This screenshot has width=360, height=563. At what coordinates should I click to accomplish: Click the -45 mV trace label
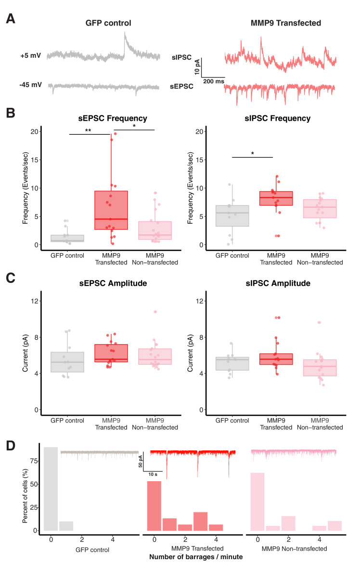tap(31, 85)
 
